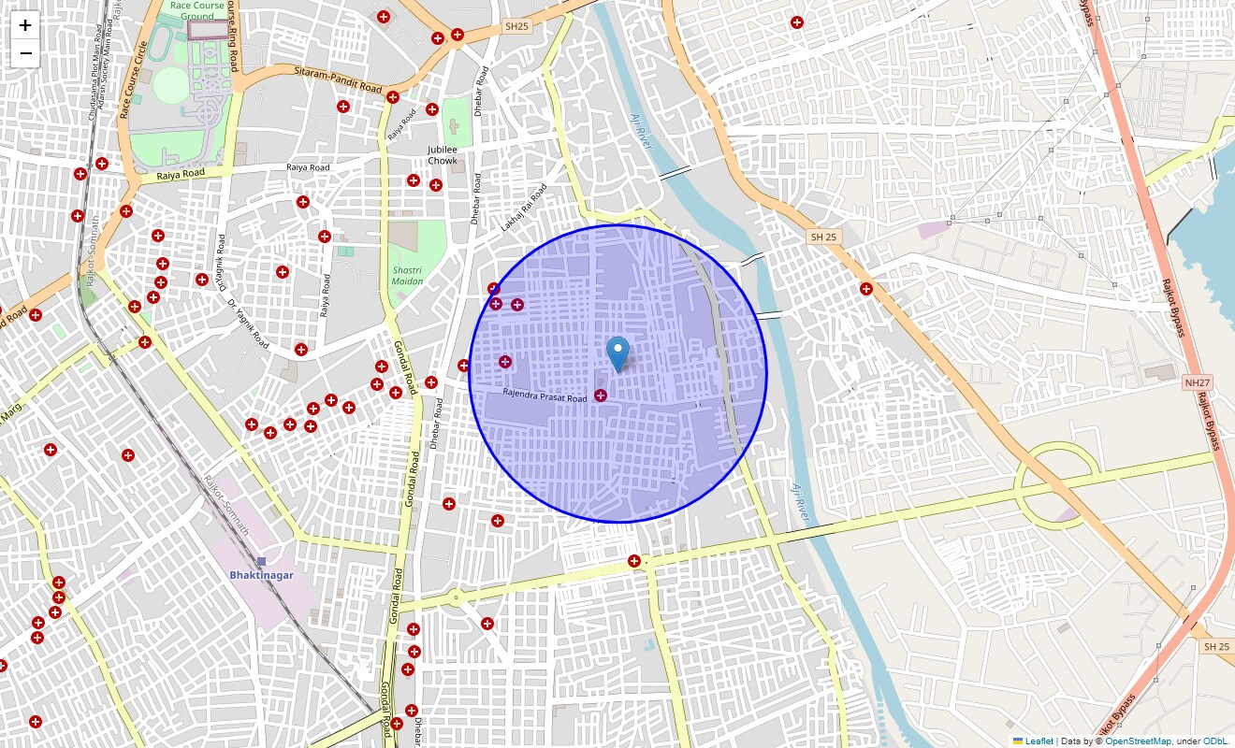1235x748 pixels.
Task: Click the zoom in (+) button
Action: [25, 25]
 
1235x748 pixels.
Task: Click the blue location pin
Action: [617, 353]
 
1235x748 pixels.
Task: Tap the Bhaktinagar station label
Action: [261, 575]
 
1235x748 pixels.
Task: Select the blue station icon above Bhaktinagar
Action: [261, 561]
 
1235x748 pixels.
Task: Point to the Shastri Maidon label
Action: [407, 275]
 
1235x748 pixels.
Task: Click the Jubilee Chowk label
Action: [443, 155]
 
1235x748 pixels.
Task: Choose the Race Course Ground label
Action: [197, 10]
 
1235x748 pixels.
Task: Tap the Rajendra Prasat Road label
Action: [545, 396]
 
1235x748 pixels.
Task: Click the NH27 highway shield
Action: [1197, 382]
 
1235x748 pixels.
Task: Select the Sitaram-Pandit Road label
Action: [338, 79]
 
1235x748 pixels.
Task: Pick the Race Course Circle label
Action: [134, 79]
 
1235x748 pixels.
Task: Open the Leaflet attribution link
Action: [1039, 741]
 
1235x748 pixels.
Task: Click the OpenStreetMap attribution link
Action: [1138, 741]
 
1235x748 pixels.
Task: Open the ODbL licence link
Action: [1215, 741]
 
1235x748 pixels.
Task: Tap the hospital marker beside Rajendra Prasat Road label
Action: [601, 396]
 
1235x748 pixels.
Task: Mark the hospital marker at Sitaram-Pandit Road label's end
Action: [393, 96]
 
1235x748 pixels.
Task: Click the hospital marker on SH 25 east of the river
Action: [866, 289]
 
